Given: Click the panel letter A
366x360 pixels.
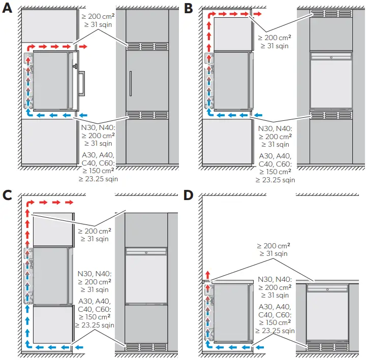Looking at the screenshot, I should pyautogui.click(x=8, y=9).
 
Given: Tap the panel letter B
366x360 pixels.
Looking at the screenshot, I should pyautogui.click(x=189, y=9).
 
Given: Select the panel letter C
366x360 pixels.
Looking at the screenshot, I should pyautogui.click(x=8, y=195).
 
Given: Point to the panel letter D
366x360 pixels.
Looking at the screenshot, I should pyautogui.click(x=189, y=195).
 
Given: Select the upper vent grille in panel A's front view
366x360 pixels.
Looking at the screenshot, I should pyautogui.click(x=147, y=46).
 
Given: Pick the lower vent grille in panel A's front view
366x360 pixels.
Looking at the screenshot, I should pyautogui.click(x=147, y=115).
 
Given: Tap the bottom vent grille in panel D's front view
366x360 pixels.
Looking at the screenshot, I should pyautogui.click(x=327, y=347).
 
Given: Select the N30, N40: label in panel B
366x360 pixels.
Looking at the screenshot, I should pyautogui.click(x=275, y=129).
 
